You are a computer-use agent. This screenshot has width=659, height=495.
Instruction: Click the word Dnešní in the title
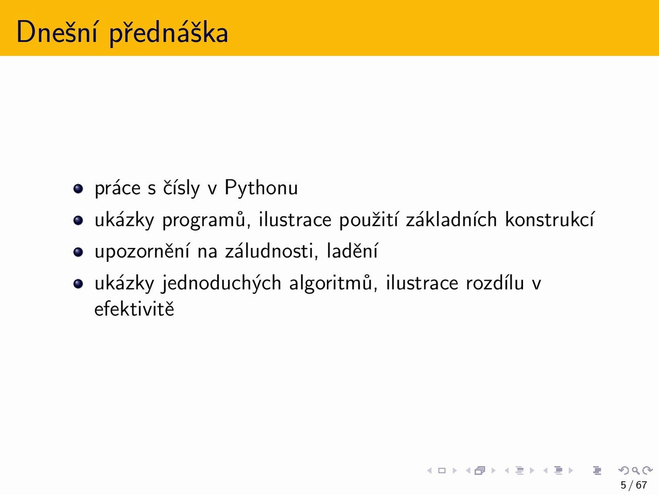click(x=57, y=32)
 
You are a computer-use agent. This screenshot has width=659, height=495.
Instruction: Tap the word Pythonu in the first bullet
click(x=261, y=188)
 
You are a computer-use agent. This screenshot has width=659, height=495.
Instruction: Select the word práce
click(x=117, y=188)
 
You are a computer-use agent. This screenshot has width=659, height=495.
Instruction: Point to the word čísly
click(x=181, y=188)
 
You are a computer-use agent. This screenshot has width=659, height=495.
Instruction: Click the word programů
click(x=206, y=220)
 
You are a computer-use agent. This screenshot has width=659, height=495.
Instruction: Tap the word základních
click(x=452, y=219)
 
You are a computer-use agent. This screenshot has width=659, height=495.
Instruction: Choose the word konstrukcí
click(x=549, y=219)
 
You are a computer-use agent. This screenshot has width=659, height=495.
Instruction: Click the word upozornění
click(x=142, y=251)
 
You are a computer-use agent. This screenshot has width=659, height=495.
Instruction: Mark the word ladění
click(x=352, y=251)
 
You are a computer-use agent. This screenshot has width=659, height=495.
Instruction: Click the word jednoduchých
click(x=221, y=283)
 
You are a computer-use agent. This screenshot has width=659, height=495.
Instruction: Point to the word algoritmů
click(x=333, y=283)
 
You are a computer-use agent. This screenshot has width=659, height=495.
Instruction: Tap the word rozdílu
click(x=495, y=283)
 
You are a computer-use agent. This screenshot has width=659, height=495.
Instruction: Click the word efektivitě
click(x=134, y=309)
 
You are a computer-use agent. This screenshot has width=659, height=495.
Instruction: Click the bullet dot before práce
click(x=78, y=189)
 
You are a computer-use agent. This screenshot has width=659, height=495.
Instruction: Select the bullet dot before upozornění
click(x=78, y=252)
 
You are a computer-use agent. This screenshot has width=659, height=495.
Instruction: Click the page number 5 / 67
click(x=633, y=485)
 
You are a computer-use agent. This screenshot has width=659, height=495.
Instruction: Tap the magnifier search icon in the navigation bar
click(x=635, y=470)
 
